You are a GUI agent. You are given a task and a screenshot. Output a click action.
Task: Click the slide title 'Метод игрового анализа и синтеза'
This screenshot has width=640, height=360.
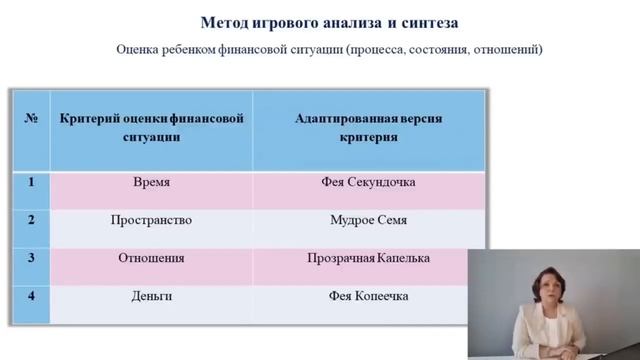pyautogui.click(x=329, y=21)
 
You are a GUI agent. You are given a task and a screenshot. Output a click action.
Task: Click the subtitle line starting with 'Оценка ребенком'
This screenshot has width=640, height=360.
pyautogui.click(x=329, y=49)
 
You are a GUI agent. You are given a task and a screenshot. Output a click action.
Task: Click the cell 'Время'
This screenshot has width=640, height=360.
pyautogui.click(x=151, y=183)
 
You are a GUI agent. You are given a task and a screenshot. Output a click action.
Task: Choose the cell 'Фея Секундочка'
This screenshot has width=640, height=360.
pyautogui.click(x=368, y=183)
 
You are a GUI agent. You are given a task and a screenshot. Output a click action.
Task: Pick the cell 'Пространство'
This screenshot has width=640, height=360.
pyautogui.click(x=151, y=220)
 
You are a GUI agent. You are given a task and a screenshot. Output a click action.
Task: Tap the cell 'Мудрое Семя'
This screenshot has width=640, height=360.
pyautogui.click(x=368, y=220)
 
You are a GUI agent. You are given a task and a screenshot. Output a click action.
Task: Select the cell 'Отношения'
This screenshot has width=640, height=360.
pyautogui.click(x=151, y=258)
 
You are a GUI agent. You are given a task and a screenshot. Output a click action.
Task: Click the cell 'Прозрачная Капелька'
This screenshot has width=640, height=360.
pyautogui.click(x=368, y=258)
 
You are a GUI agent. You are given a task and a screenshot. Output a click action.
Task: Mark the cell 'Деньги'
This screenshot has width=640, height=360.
pyautogui.click(x=151, y=296)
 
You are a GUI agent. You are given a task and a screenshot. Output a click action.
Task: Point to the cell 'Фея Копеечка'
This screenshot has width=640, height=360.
pyautogui.click(x=368, y=296)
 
